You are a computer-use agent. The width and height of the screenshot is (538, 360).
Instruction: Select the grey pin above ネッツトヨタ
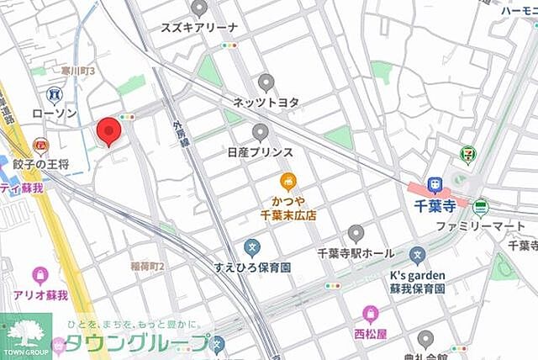pyautogui.click(x=266, y=82)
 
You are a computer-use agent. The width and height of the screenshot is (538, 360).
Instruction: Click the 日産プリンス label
pyautogui.click(x=260, y=152)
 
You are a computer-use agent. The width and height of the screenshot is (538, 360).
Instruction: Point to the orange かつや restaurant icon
pyautogui.click(x=288, y=181)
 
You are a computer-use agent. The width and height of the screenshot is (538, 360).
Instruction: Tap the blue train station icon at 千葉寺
pyautogui.click(x=435, y=184)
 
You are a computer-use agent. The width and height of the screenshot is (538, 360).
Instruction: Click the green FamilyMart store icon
pyautogui.click(x=480, y=207)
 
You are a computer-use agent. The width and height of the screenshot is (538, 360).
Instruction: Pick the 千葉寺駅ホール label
pyautogui.click(x=356, y=252)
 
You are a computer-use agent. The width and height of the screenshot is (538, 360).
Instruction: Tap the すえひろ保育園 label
pyautogui.click(x=251, y=267)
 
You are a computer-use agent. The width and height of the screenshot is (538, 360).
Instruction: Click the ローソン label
pyautogui.click(x=54, y=113)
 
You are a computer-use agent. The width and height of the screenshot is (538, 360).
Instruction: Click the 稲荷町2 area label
pyautogui.click(x=148, y=267)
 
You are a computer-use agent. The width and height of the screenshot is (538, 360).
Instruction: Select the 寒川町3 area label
pyautogui.click(x=77, y=72)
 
